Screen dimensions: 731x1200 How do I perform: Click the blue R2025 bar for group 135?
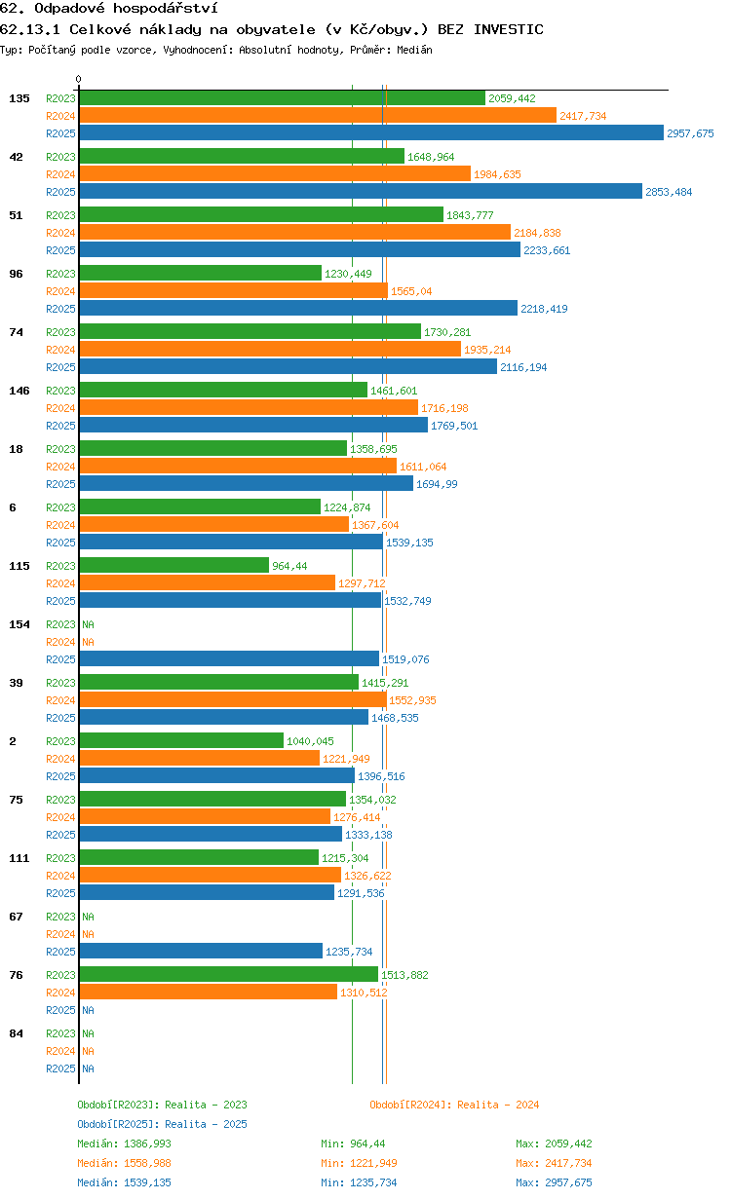[371, 132]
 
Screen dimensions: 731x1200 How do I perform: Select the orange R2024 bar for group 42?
[275, 173]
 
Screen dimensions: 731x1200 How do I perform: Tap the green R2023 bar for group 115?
[174, 565]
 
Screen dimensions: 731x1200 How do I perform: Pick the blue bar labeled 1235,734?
[201, 951]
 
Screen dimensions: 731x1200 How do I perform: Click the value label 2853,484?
[669, 192]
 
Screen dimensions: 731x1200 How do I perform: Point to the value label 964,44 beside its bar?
[289, 566]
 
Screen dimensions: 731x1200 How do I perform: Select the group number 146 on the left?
[19, 391]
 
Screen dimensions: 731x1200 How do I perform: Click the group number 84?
[16, 1033]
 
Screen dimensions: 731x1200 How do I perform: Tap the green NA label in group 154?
[88, 624]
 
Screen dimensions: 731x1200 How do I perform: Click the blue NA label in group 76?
[88, 1010]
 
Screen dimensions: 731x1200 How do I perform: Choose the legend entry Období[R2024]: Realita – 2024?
[454, 1105]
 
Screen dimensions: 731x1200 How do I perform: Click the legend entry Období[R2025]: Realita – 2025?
[162, 1124]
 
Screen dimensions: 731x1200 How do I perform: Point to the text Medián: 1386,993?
[124, 1144]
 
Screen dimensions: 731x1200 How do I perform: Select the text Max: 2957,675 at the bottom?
[554, 1182]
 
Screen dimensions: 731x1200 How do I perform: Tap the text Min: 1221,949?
[359, 1163]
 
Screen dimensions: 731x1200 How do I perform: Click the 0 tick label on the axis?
[78, 79]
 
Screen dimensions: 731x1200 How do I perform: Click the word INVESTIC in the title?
[508, 29]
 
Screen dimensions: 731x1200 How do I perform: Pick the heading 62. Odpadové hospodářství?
[109, 8]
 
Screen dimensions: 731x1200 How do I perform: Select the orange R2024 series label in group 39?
[60, 700]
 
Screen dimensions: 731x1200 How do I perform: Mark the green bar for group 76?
[229, 974]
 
